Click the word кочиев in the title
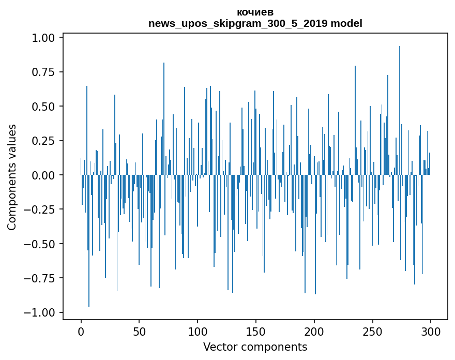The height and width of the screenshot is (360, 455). [255, 12]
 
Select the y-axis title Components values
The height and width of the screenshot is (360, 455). [12, 177]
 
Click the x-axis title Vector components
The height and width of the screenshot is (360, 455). [255, 347]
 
